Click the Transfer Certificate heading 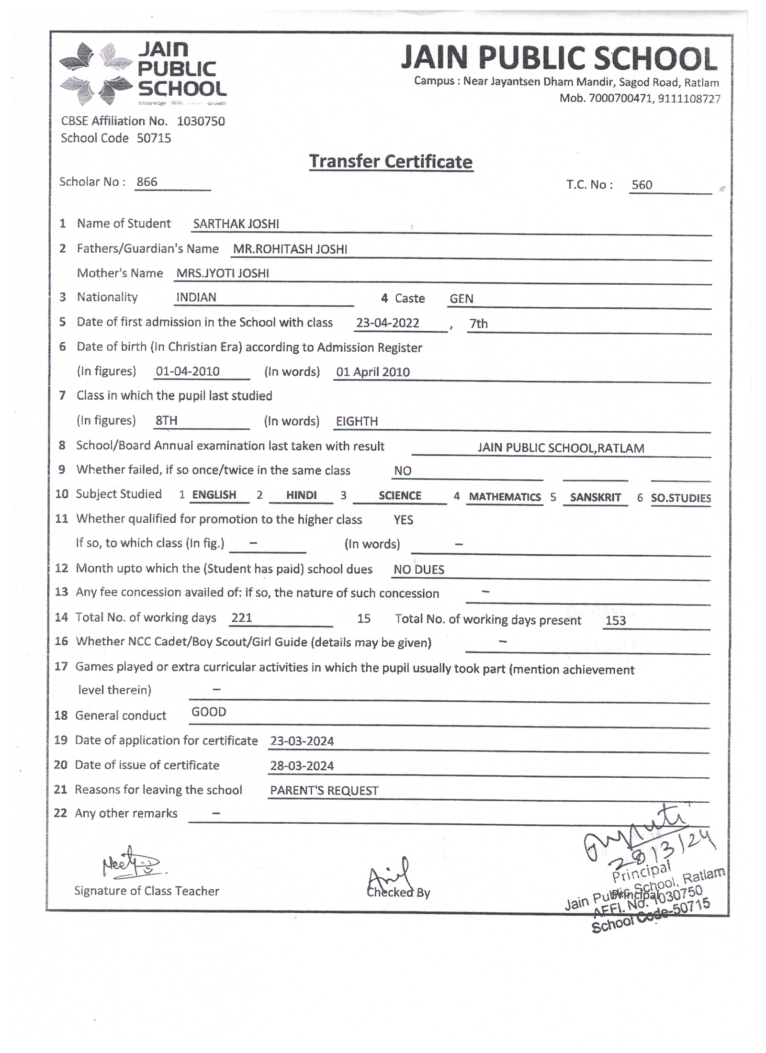coord(390,162)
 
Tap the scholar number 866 coord(146,182)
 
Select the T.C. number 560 coord(642,185)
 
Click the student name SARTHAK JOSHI coord(236,224)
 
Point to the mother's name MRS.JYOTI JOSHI coord(223,273)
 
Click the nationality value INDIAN coord(196,297)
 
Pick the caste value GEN coord(461,299)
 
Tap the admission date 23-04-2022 coord(387,323)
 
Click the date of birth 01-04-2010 coord(187,371)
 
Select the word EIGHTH coord(357,421)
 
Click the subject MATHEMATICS coord(505,497)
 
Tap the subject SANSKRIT coord(595,497)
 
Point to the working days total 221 coord(241,618)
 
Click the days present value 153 coord(615,621)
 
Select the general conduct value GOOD coord(209,712)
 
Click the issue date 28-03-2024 coord(302,766)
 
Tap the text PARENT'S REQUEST coord(324,791)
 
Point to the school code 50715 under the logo coord(154,138)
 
